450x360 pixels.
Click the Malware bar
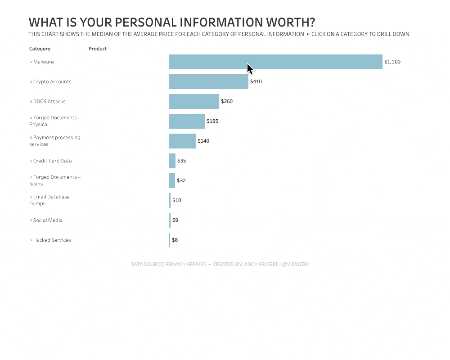pos(275,62)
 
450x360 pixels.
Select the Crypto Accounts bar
pos(208,81)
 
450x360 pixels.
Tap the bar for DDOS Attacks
pos(194,101)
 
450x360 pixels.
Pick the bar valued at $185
pos(187,121)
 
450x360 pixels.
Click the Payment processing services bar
pos(182,141)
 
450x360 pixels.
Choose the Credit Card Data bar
pos(172,161)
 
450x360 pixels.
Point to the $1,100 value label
pos(392,62)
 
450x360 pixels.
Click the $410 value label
pos(256,81)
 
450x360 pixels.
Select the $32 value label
pos(181,180)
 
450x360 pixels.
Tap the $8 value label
pos(175,240)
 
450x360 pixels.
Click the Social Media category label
pos(48,220)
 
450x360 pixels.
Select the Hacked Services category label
pos(52,240)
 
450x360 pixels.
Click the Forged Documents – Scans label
pos(55,180)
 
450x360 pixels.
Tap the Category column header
pos(40,49)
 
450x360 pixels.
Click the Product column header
pos(98,49)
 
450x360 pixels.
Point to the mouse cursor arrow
pos(250,69)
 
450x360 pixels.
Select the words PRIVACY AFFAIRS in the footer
pos(186,264)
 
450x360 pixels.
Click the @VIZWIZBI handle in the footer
pos(296,264)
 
